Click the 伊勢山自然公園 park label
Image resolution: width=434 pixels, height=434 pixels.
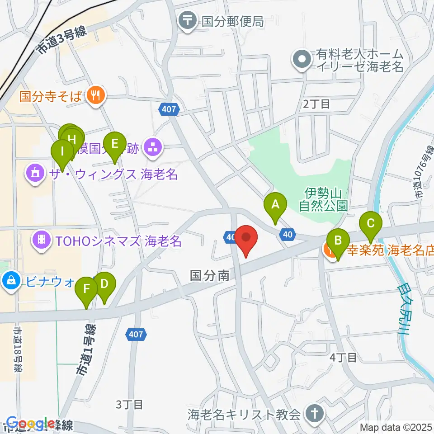[x=323, y=200]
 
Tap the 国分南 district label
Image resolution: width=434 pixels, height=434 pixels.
[x=210, y=275]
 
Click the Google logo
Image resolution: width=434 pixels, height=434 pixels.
[x=29, y=424]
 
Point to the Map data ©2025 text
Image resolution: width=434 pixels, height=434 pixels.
[x=396, y=427]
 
